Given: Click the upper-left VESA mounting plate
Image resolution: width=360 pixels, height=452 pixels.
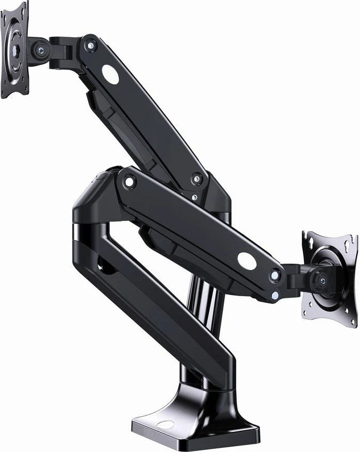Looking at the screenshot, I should click(13, 51).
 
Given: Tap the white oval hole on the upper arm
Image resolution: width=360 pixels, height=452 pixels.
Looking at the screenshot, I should click(110, 74).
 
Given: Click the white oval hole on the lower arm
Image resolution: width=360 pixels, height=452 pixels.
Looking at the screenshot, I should click(247, 261).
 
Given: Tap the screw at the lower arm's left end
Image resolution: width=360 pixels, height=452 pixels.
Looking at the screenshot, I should click(128, 182).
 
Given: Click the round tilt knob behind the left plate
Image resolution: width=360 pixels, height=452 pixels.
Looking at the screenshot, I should click(40, 49).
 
